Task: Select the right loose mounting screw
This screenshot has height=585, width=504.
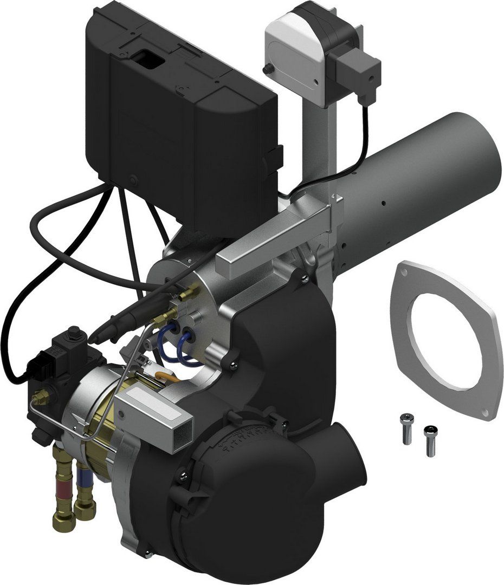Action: (430, 440)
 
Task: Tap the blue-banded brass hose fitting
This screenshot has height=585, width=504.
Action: (85, 490)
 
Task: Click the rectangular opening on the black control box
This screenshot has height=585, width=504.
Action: (148, 59)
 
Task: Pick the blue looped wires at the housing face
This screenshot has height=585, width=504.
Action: (176, 347)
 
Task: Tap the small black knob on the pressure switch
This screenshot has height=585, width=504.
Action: (267, 69)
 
